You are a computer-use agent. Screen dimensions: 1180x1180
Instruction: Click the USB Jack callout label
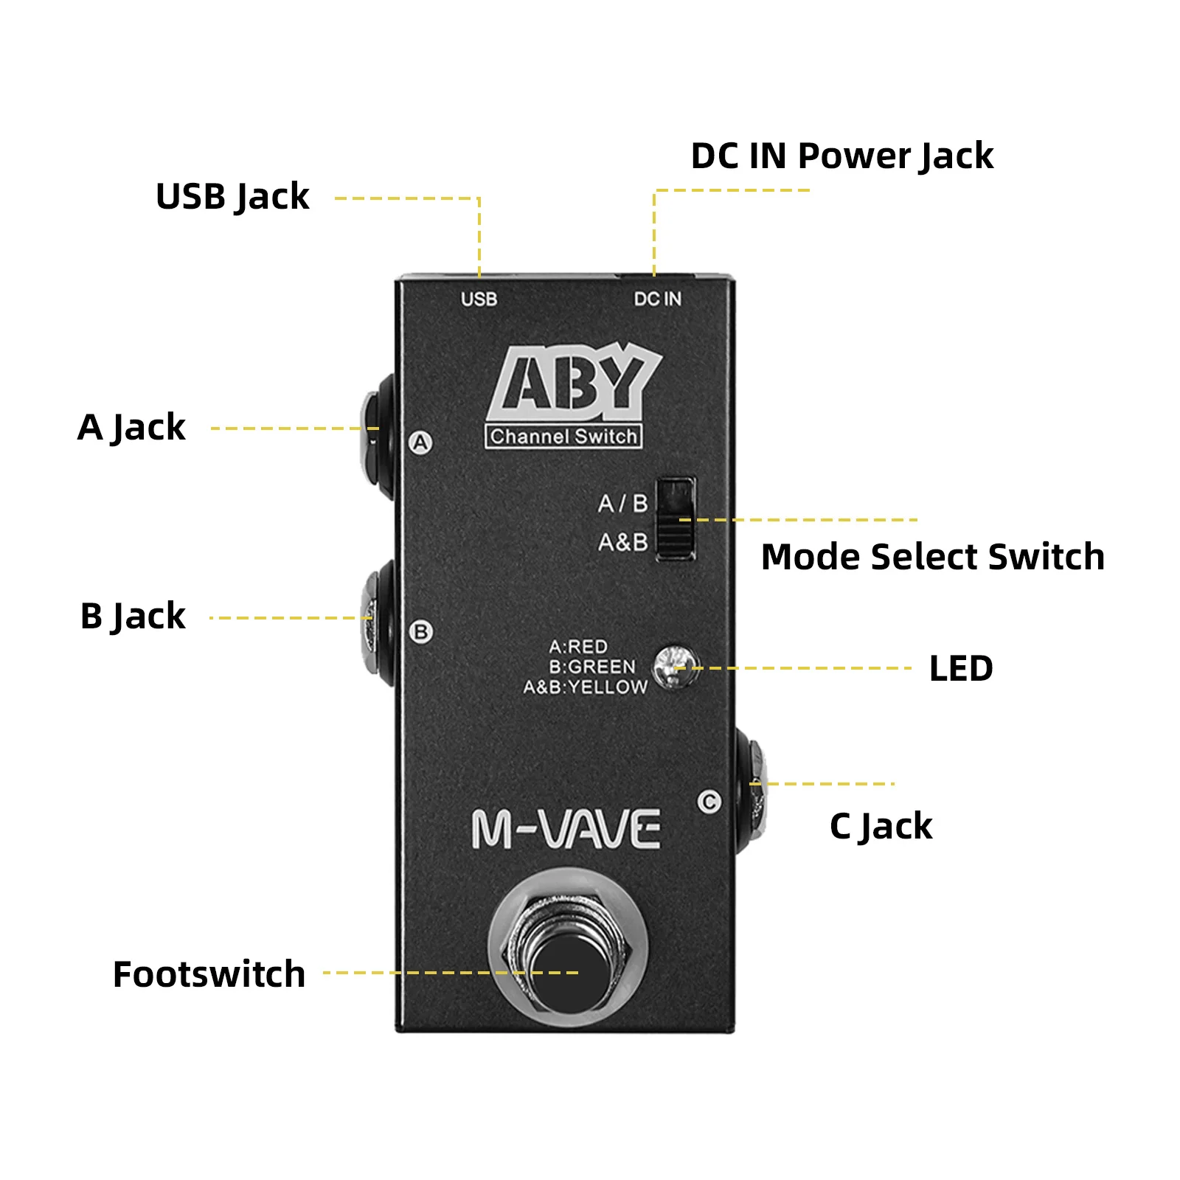click(x=232, y=197)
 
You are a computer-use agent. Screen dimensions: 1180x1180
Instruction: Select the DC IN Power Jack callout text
click(x=841, y=156)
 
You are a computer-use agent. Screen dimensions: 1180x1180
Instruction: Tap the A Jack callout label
click(x=131, y=428)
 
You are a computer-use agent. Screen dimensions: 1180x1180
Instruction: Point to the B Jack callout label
click(x=133, y=617)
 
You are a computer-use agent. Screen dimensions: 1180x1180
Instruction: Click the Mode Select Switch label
click(x=932, y=557)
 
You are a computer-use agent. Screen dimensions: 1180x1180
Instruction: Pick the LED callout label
click(x=960, y=668)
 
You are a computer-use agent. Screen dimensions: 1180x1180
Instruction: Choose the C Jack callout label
click(x=881, y=826)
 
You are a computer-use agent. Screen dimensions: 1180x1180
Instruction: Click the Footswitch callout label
click(x=209, y=974)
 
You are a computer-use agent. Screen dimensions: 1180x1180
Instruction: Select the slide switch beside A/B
click(x=676, y=518)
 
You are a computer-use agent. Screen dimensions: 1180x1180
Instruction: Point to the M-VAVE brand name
click(x=566, y=830)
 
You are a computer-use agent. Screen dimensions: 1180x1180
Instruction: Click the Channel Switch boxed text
click(x=563, y=437)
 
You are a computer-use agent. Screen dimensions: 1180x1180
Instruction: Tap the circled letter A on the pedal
click(x=420, y=442)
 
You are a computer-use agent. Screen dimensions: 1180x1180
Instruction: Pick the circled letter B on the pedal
click(x=421, y=632)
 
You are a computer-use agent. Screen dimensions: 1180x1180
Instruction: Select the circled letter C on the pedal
click(x=709, y=802)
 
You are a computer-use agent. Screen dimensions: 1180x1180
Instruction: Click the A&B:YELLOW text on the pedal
click(x=586, y=687)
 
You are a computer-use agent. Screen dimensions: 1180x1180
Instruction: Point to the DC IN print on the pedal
click(x=657, y=299)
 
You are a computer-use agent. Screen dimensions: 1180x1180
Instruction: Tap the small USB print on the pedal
click(x=479, y=299)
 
